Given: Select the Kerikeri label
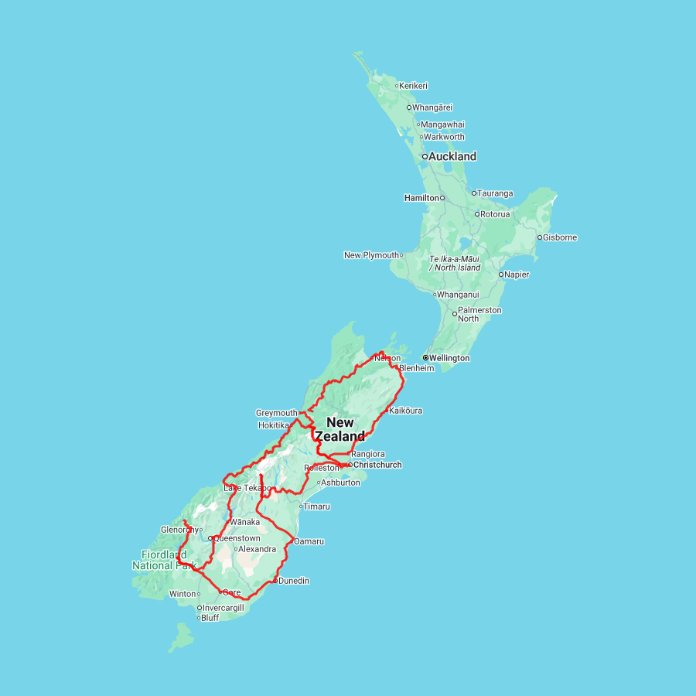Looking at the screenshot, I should [414, 86].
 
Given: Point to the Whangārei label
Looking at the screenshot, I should [432, 107].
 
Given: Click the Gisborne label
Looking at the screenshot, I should [560, 237].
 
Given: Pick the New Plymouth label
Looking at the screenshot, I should [371, 255].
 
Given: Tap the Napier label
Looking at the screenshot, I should [517, 275].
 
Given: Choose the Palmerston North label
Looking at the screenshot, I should [479, 314].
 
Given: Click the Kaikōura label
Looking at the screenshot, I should [406, 411].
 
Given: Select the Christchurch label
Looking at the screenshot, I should [377, 465].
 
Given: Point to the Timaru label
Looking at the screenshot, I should [316, 507].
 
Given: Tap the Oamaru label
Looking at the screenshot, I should [309, 541].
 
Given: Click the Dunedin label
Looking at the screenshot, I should [294, 581].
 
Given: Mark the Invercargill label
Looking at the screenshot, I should [223, 608].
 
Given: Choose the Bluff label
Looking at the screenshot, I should [210, 618].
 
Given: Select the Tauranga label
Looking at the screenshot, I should [496, 193].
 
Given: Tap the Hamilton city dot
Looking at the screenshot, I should [443, 198].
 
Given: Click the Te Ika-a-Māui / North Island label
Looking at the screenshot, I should [455, 263].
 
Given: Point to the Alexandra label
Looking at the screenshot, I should [258, 549].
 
